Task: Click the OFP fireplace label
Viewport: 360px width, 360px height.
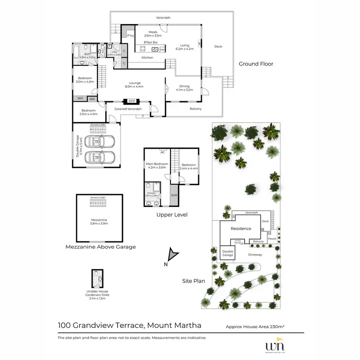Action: (132, 101)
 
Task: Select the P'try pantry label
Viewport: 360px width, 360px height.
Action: (130, 36)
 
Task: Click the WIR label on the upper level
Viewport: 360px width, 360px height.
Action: (173, 196)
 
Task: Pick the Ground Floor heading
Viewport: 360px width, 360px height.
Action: (256, 64)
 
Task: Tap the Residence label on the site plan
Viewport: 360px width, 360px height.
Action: (241, 228)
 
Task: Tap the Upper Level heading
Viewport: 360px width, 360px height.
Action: (171, 215)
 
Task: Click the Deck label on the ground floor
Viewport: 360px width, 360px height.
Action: (218, 47)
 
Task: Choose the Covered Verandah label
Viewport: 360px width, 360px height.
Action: (128, 109)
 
